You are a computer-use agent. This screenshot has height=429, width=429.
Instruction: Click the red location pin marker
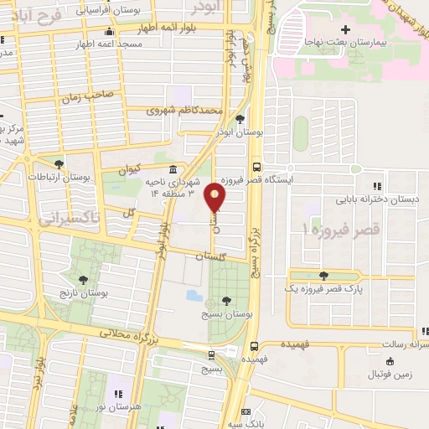pos(216,196)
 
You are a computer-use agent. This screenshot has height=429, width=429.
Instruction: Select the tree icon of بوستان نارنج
pos(82,281)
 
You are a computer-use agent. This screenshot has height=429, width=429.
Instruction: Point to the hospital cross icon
pos(345,31)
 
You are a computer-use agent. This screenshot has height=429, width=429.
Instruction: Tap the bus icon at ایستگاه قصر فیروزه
pos(256,167)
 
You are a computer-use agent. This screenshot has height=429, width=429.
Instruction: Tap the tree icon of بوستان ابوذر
pos(240,119)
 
